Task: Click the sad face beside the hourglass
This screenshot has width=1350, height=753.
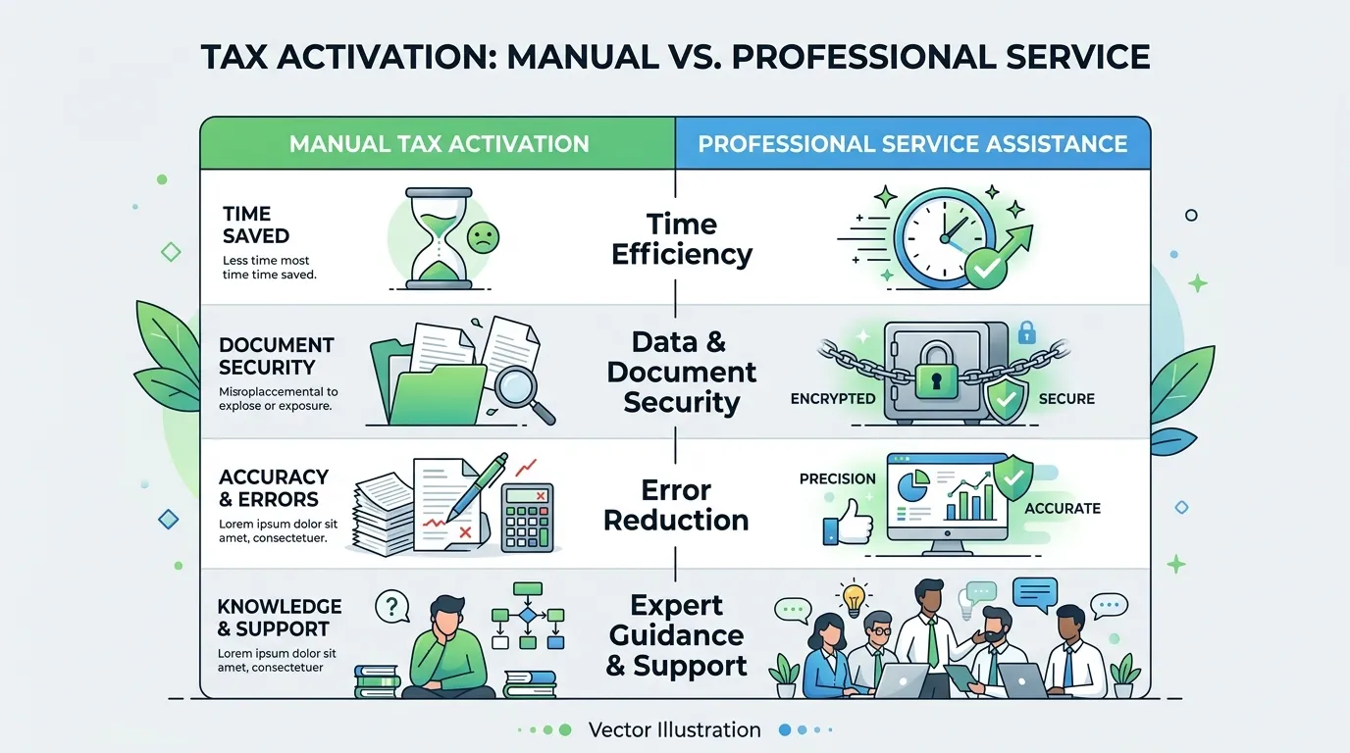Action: click(x=483, y=237)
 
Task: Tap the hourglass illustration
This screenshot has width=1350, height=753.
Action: click(x=439, y=238)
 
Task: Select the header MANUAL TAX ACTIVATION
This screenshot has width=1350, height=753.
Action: click(x=439, y=144)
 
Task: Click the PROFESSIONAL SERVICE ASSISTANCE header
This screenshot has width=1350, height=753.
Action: click(x=912, y=144)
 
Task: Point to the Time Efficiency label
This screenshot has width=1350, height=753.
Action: click(x=682, y=239)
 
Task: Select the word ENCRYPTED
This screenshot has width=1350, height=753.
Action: click(x=833, y=399)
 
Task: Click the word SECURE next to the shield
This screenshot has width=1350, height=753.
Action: click(x=1066, y=399)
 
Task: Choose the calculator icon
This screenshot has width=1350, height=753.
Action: click(x=528, y=518)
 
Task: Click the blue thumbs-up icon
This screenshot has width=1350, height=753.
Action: click(x=848, y=523)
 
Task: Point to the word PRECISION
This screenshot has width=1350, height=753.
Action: click(x=837, y=478)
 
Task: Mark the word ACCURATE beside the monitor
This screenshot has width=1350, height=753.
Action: click(x=1063, y=509)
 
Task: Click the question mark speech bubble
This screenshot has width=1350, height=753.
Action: click(x=392, y=606)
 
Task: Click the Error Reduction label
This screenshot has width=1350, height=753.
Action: click(x=676, y=505)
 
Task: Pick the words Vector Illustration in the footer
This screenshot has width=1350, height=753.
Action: click(x=674, y=730)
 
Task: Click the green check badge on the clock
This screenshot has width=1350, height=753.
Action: click(x=987, y=268)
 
